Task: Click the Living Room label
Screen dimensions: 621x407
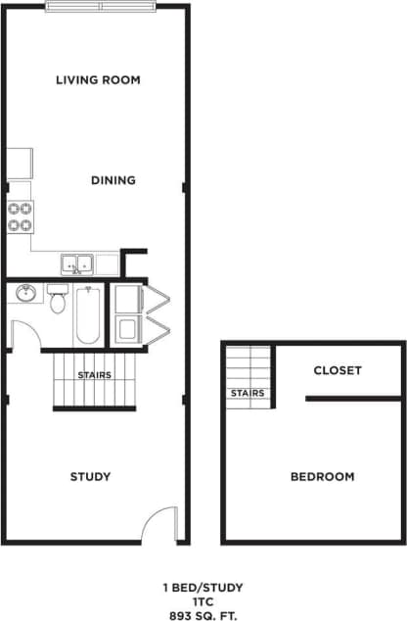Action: pos(98,79)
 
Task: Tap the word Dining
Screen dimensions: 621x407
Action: pos(113,180)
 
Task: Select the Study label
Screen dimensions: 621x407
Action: pos(90,477)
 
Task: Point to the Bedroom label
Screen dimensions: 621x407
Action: pos(322,477)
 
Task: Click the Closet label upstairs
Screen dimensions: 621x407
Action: pos(338,370)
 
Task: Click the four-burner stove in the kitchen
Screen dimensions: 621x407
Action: pos(21,215)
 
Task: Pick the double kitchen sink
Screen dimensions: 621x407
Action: pos(77,263)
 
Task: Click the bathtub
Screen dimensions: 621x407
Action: pos(88,313)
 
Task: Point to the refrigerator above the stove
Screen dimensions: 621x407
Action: pos(21,164)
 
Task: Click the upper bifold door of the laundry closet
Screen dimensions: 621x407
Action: pos(157,298)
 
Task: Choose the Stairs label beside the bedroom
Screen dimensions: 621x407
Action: pos(248,394)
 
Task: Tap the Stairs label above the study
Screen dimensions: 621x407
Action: pos(94,375)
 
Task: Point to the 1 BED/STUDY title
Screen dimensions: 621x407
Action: pos(203,588)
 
